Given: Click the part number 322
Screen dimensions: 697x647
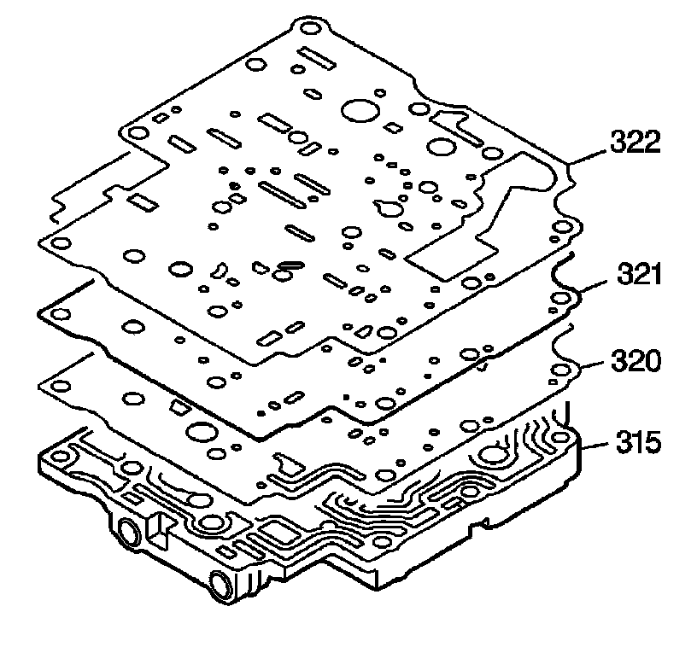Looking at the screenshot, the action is point(635,142).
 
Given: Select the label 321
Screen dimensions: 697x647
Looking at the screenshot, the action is point(639,275).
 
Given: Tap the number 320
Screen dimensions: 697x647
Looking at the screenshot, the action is point(636,360).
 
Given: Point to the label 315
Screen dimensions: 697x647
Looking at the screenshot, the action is point(638,442).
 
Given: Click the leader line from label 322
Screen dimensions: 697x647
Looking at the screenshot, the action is point(588,157).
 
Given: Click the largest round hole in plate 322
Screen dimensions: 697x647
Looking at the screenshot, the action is point(360,110).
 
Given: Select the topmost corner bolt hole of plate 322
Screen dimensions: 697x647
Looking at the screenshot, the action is point(311,29).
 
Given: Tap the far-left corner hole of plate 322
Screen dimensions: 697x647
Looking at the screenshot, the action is point(61,243).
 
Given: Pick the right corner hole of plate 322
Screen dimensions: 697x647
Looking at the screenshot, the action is point(561,228).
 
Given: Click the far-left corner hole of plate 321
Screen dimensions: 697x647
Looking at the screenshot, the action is point(61,314).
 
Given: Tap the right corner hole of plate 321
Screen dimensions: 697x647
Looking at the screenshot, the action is point(560,298).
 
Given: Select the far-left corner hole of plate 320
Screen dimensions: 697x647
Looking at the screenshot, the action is point(61,387).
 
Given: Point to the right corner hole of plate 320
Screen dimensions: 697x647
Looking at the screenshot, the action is point(560,370).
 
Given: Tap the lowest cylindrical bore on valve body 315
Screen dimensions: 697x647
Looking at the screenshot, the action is point(221,585).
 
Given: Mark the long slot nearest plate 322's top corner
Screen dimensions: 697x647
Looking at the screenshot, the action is point(317,58).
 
